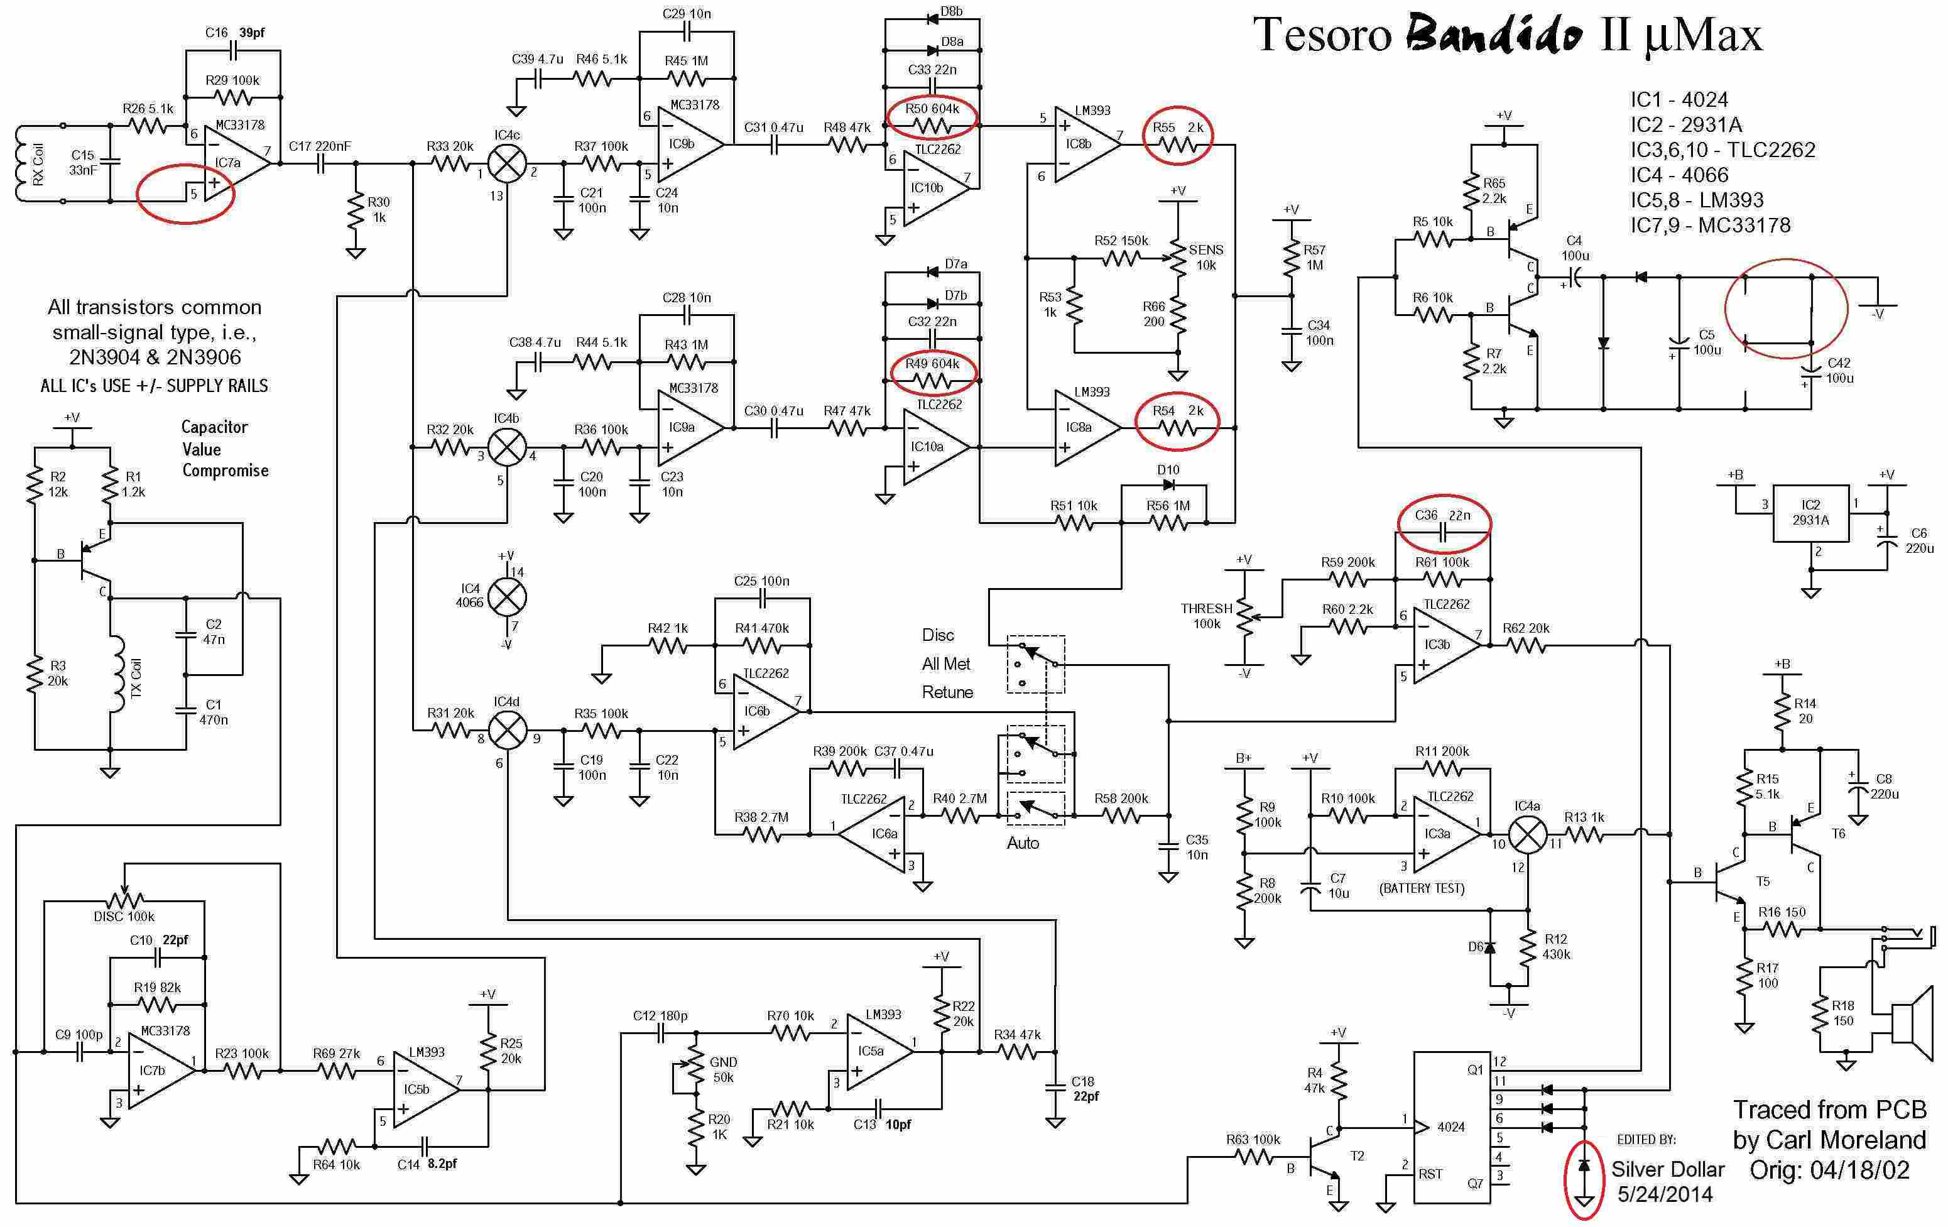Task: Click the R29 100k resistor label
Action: [x=232, y=80]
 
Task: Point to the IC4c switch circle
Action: [x=507, y=163]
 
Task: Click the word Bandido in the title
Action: [x=1493, y=36]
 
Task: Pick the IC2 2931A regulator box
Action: [x=1810, y=514]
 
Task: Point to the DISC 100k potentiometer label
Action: [x=124, y=917]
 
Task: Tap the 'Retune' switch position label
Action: [x=947, y=692]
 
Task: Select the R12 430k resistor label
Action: [x=1555, y=946]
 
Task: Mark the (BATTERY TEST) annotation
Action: [x=1422, y=888]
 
